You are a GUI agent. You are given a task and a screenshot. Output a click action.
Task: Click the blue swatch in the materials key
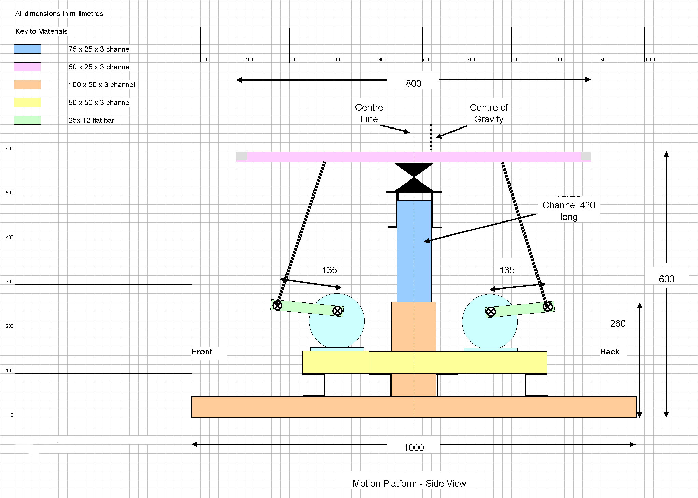point(27,49)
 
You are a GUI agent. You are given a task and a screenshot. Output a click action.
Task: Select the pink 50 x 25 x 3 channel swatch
point(27,67)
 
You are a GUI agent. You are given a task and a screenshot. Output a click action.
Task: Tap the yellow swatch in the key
point(27,102)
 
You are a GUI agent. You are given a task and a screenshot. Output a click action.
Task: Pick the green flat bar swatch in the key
point(27,120)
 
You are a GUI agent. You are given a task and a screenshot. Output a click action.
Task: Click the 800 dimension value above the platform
point(413,83)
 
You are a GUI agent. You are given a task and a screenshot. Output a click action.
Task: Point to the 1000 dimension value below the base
point(414,448)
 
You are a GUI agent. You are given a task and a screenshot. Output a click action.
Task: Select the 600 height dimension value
point(666,279)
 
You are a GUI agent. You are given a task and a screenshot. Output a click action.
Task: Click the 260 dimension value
point(617,323)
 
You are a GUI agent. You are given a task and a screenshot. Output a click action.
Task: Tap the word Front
point(201,352)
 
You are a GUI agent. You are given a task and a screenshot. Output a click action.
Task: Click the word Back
point(610,352)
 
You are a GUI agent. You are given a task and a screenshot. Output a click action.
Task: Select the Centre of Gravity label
point(489,113)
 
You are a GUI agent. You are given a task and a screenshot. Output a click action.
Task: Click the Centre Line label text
point(369,113)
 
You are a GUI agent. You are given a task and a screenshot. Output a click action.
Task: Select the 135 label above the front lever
point(329,270)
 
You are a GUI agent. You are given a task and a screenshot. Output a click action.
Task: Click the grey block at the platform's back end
point(586,156)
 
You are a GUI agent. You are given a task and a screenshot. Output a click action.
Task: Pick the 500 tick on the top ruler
point(427,59)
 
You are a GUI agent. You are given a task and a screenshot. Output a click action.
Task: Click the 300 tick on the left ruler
point(9,282)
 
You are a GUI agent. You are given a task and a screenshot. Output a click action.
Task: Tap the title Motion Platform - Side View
point(409,483)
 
